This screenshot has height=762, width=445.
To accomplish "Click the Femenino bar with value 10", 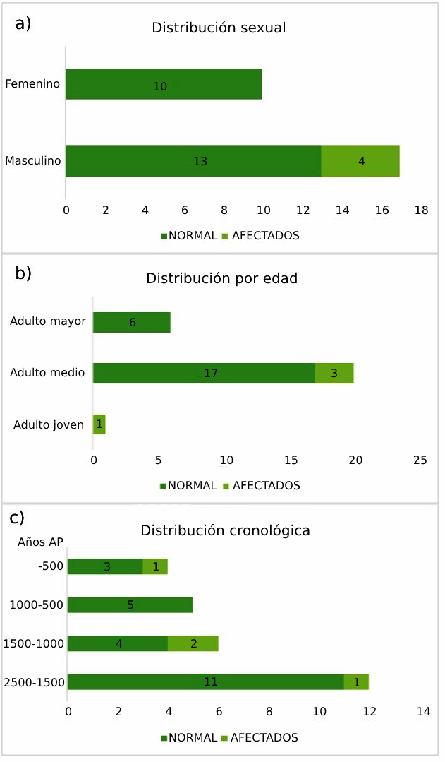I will (164, 84).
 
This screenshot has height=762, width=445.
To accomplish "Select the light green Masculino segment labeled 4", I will (360, 161).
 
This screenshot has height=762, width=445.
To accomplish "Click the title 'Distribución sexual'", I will (219, 29).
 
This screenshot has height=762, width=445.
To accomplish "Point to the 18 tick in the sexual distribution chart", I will (422, 210).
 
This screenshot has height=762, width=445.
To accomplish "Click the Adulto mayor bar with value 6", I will (132, 322).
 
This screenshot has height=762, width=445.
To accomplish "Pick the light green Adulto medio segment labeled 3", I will (334, 373).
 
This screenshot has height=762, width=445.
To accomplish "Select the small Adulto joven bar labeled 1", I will (99, 424).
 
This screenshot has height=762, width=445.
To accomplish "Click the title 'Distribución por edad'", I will (221, 278).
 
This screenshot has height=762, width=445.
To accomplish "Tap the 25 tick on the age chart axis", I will (420, 460).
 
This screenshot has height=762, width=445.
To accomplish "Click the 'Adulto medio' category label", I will (47, 373).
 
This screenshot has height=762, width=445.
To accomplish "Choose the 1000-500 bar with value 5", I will (130, 605).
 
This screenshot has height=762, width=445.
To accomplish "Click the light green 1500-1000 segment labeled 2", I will (193, 643).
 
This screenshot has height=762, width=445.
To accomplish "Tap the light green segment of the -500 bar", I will (155, 566).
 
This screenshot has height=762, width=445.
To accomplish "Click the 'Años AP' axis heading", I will (40, 542).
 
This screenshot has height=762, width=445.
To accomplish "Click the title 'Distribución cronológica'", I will (225, 530).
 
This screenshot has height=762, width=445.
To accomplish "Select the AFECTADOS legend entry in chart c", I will (260, 738).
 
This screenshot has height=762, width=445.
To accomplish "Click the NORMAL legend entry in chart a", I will (188, 236).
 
